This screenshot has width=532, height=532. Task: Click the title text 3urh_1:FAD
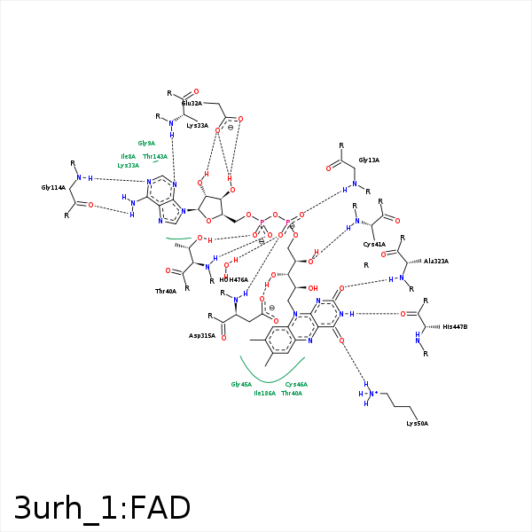coord(102,508)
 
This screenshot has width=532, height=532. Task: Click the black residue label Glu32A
coord(180,104)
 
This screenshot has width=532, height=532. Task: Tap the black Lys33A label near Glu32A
coord(198,126)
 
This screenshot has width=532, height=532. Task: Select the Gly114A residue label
coord(53,188)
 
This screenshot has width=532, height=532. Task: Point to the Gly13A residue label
coord(369,160)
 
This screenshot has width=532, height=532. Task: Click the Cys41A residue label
coord(374,244)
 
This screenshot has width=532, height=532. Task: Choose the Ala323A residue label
coord(436,262)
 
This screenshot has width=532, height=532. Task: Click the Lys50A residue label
coord(417,424)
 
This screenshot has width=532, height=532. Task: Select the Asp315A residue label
coord(202,336)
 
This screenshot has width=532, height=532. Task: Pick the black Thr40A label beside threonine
coord(166,291)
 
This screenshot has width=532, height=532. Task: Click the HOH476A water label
coord(234,279)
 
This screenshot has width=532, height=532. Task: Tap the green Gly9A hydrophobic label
coord(146,143)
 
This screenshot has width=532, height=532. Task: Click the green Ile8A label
coord(129,156)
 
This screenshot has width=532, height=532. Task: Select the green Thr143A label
coord(155,156)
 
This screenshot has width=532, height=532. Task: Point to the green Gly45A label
coord(241,384)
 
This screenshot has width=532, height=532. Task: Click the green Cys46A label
coord(296,384)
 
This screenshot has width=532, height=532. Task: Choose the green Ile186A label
coord(265,393)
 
